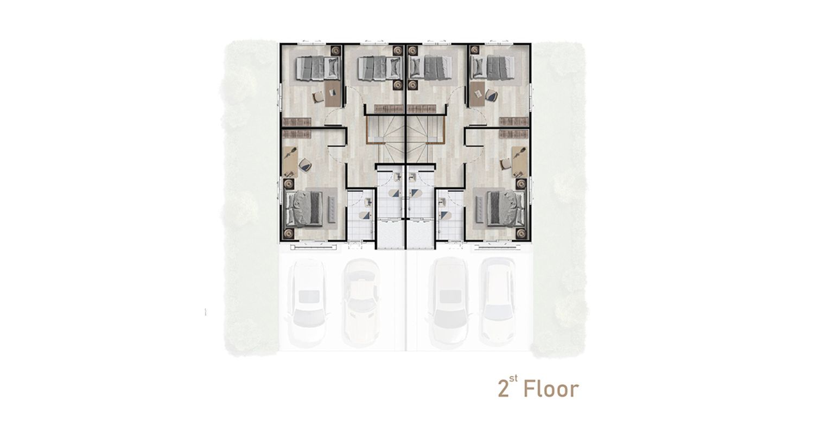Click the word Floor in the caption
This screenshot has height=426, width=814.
(x=551, y=389)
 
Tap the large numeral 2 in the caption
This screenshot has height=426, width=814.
(x=503, y=389)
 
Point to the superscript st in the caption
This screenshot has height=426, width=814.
(x=513, y=379)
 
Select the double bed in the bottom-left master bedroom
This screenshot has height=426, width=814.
(x=304, y=209)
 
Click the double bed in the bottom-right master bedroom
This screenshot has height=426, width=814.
(x=506, y=209)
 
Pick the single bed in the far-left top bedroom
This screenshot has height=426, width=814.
(x=317, y=68)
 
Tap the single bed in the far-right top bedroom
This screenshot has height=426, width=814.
(x=493, y=68)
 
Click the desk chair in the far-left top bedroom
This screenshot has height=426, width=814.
(x=318, y=97)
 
